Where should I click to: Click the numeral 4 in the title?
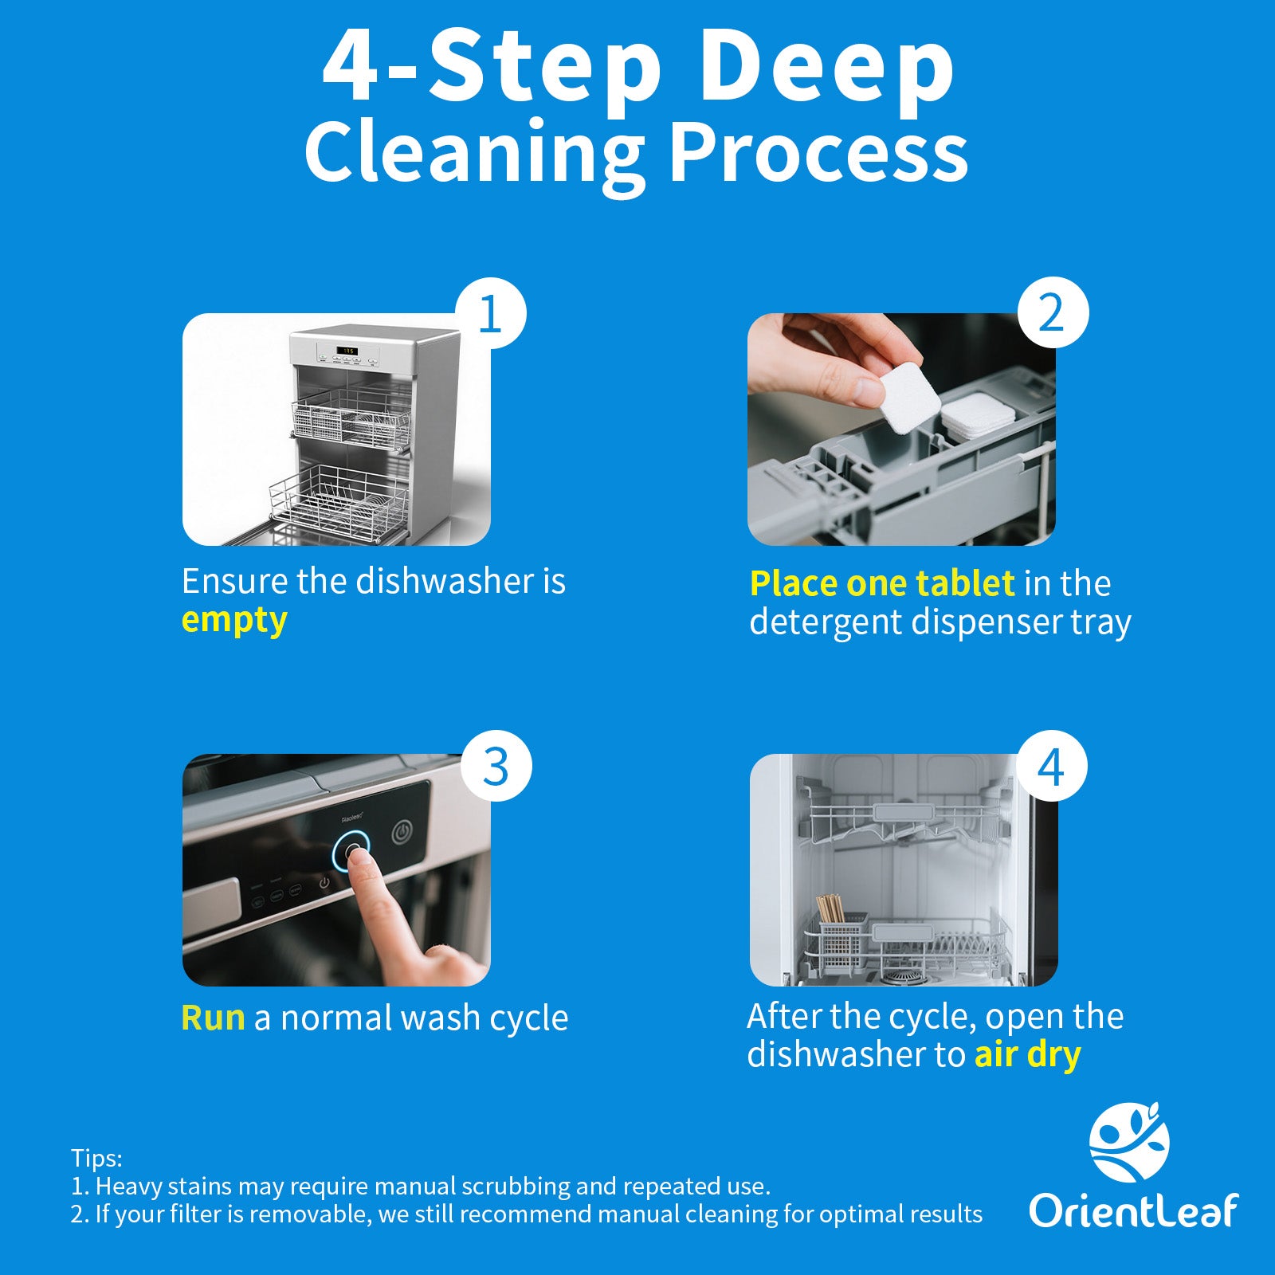[x=351, y=69]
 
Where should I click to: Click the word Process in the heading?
[x=818, y=153]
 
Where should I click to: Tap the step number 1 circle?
[x=490, y=313]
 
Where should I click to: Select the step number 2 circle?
[x=1053, y=313]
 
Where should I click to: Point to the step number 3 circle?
[x=496, y=766]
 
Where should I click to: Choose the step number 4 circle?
[x=1051, y=766]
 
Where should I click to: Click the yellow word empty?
[x=234, y=621]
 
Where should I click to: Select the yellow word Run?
[x=213, y=1018]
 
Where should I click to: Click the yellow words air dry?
[x=1027, y=1055]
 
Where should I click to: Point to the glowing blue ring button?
[x=351, y=853]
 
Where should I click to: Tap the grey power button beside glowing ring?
[x=403, y=834]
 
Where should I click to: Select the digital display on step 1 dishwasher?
[x=348, y=351]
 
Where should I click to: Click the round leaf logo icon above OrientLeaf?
[x=1129, y=1143]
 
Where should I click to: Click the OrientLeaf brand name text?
[x=1132, y=1211]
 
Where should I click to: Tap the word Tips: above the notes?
[x=96, y=1158]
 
